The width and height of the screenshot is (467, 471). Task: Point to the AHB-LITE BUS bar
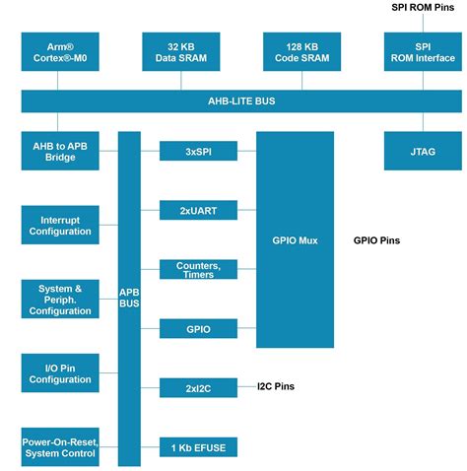(240, 101)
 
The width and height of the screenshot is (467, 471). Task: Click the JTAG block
(423, 151)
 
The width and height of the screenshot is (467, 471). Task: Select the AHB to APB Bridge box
(59, 151)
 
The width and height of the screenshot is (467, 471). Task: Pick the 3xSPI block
(199, 151)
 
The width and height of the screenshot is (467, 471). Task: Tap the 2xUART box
(199, 209)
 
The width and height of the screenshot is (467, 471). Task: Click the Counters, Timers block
(199, 269)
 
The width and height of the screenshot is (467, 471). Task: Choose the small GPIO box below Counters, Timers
(199, 328)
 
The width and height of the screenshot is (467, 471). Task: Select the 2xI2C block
(199, 387)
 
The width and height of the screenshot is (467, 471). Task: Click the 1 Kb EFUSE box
(199, 447)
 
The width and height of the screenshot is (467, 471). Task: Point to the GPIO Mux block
(295, 239)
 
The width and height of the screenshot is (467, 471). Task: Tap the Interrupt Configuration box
(59, 226)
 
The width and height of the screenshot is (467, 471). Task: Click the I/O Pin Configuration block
(59, 373)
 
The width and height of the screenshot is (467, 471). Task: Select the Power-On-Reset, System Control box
(59, 447)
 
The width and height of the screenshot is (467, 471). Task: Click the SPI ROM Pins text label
(423, 7)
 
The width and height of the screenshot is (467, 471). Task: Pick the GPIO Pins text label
(377, 239)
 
